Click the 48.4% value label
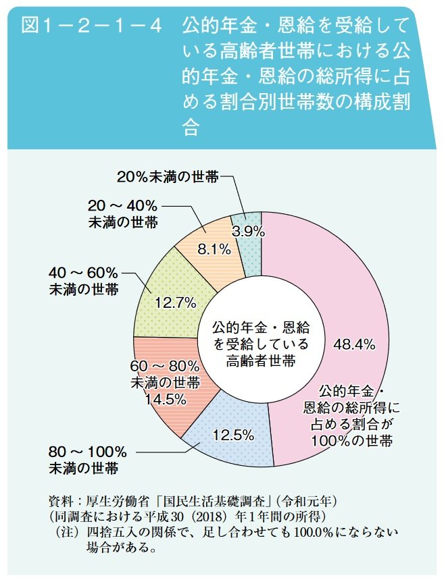click(354, 344)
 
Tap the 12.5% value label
click(232, 435)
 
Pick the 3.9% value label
click(247, 231)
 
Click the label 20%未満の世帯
click(168, 177)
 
